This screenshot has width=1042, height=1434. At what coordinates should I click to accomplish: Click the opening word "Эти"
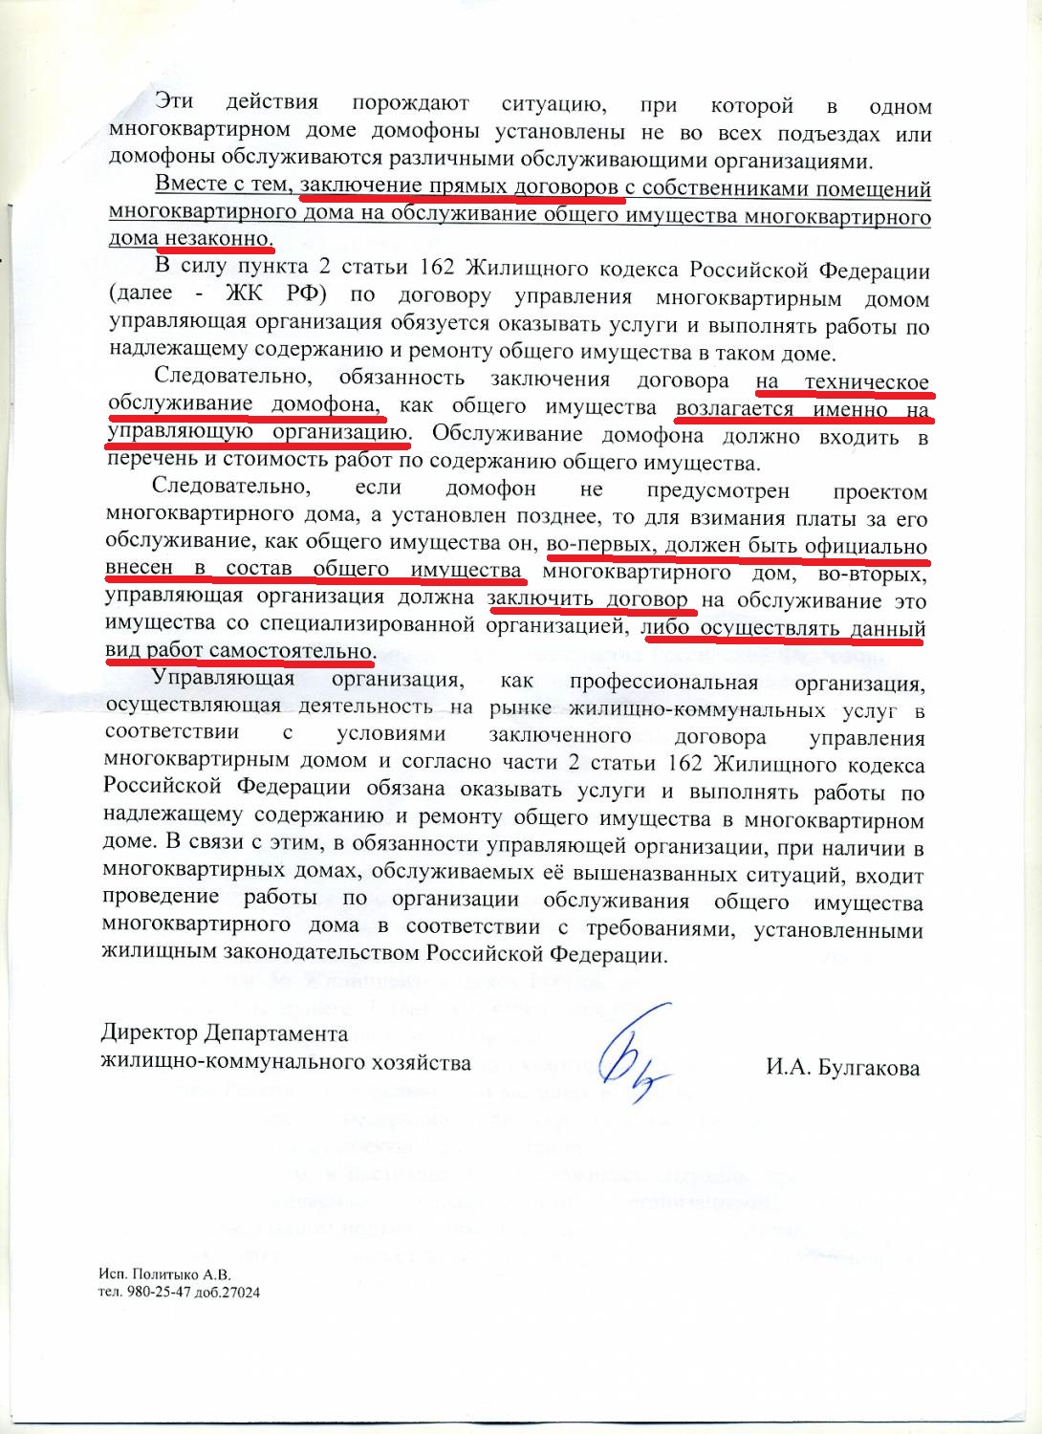pyautogui.click(x=173, y=101)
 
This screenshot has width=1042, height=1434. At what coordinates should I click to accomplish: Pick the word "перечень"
pyautogui.click(x=148, y=466)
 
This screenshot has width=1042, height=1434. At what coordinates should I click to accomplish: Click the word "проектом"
pyautogui.click(x=879, y=492)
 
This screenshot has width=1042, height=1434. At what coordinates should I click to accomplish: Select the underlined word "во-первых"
pyautogui.click(x=599, y=546)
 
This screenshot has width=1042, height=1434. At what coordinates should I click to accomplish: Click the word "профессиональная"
pyautogui.click(x=663, y=683)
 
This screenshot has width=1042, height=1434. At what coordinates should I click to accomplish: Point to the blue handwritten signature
pyautogui.click(x=631, y=1052)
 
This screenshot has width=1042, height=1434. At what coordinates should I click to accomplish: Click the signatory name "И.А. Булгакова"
pyautogui.click(x=842, y=1068)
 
